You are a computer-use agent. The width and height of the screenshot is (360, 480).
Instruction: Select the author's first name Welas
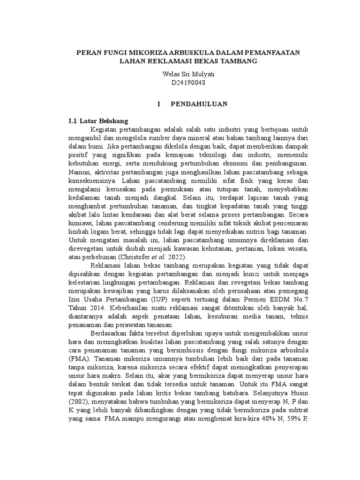[x=170, y=74]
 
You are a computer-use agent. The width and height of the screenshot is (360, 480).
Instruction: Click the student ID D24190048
[x=186, y=82]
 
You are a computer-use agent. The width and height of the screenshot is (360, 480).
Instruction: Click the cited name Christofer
[x=135, y=257]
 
